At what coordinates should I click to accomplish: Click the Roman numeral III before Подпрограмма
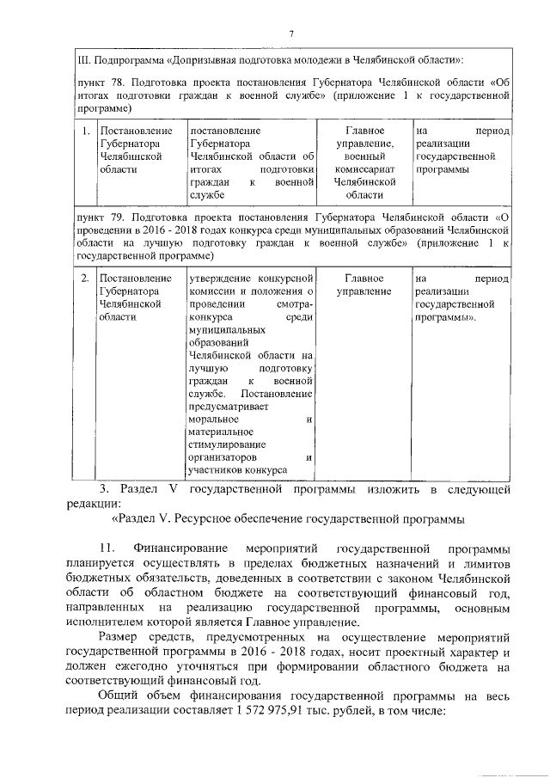tap(83, 59)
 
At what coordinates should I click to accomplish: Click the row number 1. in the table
tap(85, 131)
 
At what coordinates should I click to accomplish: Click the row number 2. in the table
tap(85, 279)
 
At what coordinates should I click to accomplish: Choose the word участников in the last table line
tap(215, 470)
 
